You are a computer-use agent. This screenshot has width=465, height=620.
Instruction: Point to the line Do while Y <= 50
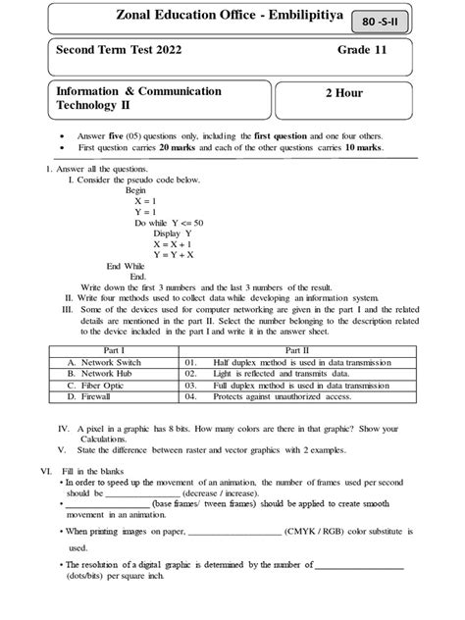click(173, 223)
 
